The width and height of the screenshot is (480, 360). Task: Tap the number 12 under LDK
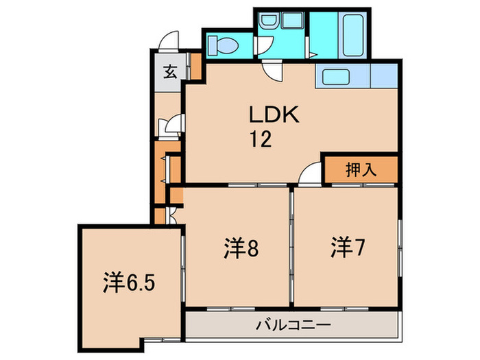tap(261, 140)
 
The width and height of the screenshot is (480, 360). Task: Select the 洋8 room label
tap(241, 248)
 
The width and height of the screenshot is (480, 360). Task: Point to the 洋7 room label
tap(348, 247)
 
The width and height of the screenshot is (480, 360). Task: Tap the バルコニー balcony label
tap(293, 324)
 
